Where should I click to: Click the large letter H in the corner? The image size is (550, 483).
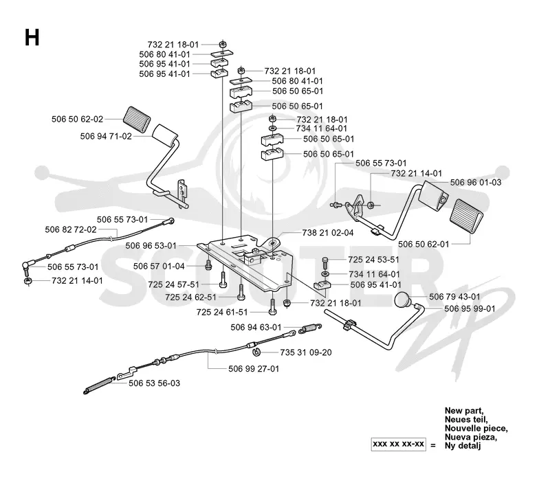(32, 38)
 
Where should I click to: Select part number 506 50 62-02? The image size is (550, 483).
(77, 119)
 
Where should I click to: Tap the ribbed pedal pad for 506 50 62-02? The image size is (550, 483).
(137, 120)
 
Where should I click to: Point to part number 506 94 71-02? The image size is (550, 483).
(106, 136)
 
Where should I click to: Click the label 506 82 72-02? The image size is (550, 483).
(71, 229)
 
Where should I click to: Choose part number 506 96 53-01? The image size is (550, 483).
(151, 246)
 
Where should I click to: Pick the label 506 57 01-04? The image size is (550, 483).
(159, 267)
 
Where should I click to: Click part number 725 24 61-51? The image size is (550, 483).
(222, 312)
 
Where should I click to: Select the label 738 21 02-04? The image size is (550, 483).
(328, 233)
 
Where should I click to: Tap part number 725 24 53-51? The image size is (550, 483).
(373, 260)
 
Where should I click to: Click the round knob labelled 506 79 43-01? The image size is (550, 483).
(402, 300)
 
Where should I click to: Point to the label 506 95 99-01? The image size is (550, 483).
(470, 308)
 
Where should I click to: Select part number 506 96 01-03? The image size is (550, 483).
(476, 182)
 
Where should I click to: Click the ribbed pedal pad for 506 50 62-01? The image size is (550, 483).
(466, 216)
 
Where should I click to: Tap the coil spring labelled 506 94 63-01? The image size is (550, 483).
(310, 328)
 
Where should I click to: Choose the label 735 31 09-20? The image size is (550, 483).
(305, 352)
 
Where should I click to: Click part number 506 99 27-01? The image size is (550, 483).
(254, 369)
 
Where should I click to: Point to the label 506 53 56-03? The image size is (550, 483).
(154, 383)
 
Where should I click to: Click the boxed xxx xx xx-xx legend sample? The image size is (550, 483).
(399, 444)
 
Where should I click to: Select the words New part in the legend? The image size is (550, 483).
(464, 410)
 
